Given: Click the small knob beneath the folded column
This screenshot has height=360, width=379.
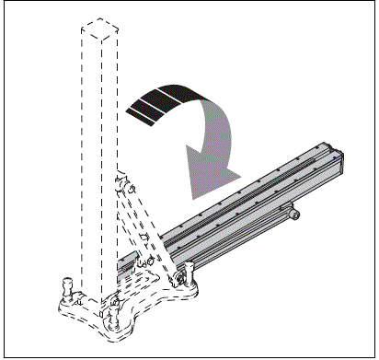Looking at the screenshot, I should (x=293, y=215).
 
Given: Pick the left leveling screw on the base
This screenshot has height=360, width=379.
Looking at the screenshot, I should (x=68, y=286).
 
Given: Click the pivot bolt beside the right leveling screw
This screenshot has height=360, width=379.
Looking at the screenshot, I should (x=174, y=279).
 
